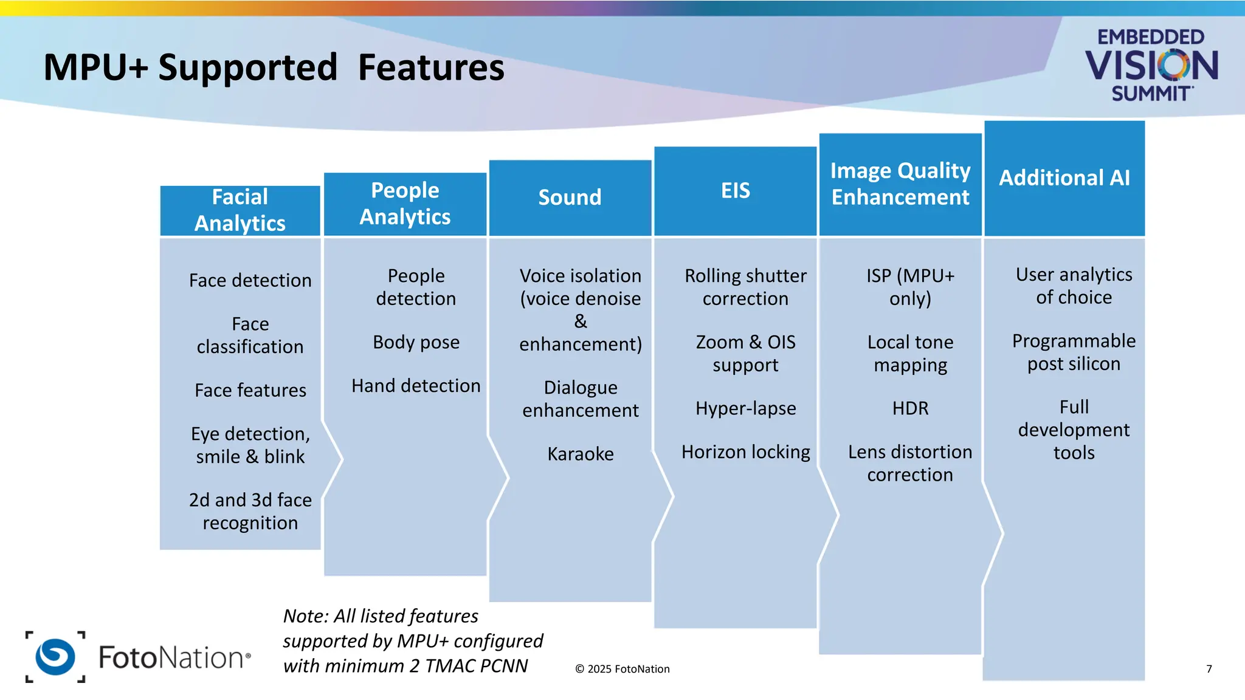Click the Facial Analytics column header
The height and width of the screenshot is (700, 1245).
tap(240, 210)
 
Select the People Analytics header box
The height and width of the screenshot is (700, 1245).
tap(405, 204)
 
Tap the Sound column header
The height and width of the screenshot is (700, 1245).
tap(570, 197)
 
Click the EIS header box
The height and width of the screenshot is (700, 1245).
tap(735, 191)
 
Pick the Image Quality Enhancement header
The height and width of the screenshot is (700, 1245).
tap(900, 184)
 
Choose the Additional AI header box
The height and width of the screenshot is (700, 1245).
tap(1064, 178)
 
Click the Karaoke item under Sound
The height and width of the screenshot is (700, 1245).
tap(580, 454)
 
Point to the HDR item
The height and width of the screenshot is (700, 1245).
tap(910, 408)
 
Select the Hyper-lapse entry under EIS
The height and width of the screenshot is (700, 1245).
tap(745, 408)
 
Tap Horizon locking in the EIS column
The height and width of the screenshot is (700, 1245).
tap(745, 452)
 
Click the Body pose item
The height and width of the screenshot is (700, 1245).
tap(416, 342)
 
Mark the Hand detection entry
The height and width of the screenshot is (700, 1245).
tap(416, 386)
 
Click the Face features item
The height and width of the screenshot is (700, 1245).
tap(250, 390)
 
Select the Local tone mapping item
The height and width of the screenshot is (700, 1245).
tap(910, 353)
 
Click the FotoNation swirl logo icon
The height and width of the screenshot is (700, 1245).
tap(55, 657)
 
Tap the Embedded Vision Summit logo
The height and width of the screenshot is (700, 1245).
tap(1151, 65)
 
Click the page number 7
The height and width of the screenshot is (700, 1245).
tap(1209, 669)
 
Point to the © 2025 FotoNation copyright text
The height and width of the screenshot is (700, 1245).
tap(622, 669)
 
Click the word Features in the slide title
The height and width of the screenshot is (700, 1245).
tap(430, 67)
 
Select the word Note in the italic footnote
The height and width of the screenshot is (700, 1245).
tap(306, 616)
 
